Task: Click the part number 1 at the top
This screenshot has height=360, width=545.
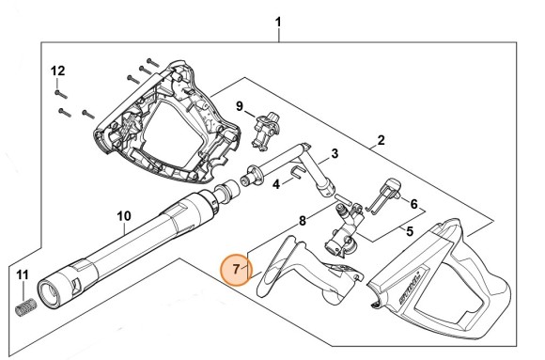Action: [x=278, y=20]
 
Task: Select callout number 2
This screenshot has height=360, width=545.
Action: [x=381, y=141]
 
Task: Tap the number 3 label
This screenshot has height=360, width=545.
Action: [x=334, y=153]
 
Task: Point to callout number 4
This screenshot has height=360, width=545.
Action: [x=275, y=184]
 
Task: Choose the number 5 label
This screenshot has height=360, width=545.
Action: [x=409, y=229]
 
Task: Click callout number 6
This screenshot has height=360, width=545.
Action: [x=413, y=203]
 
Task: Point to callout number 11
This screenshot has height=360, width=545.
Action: [x=24, y=274]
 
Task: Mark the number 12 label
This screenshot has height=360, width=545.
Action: [x=57, y=70]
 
